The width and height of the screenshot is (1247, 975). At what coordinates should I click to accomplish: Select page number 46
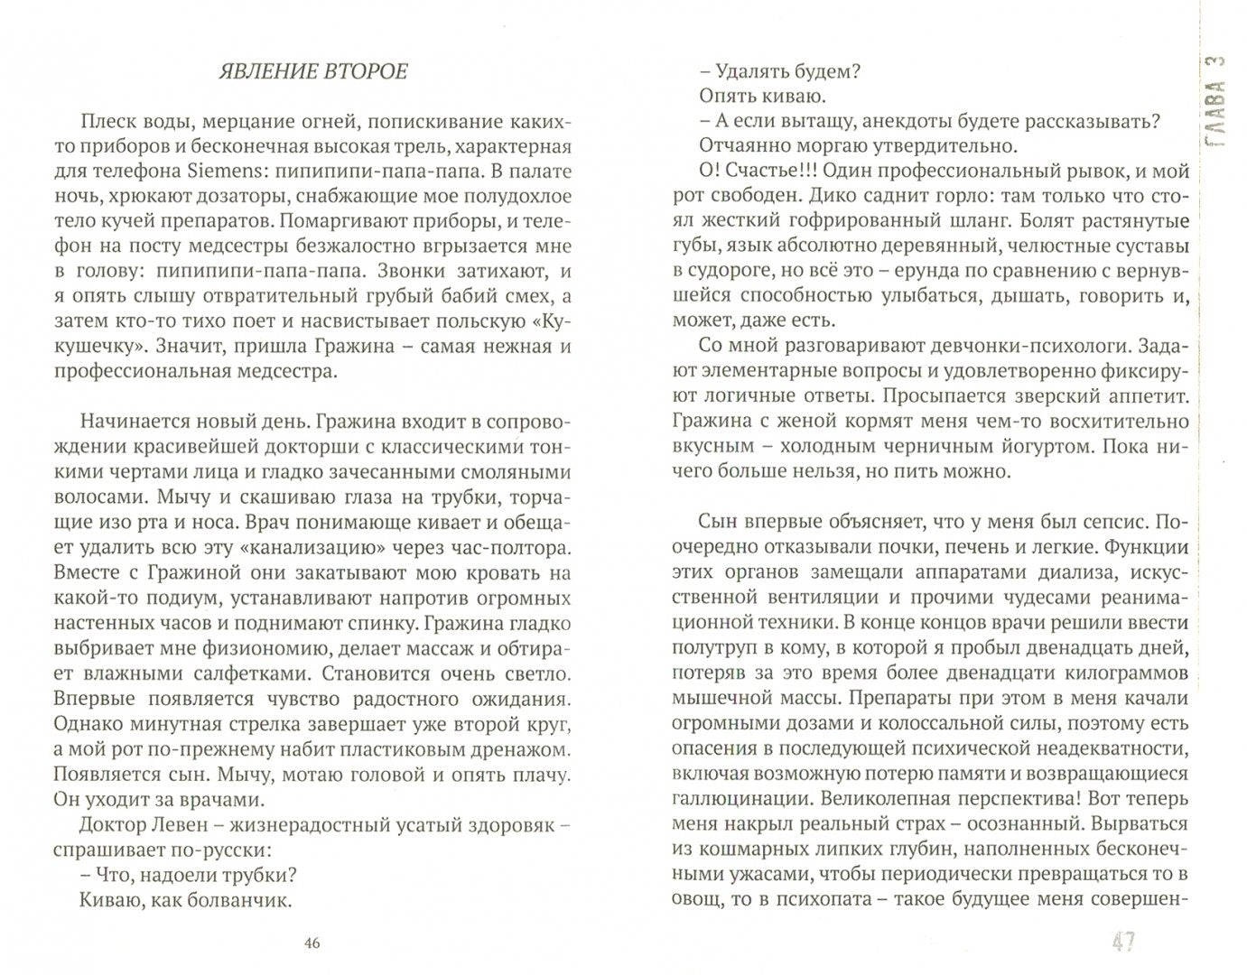[x=312, y=943]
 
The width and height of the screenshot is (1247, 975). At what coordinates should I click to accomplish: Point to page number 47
[x=1122, y=942]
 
